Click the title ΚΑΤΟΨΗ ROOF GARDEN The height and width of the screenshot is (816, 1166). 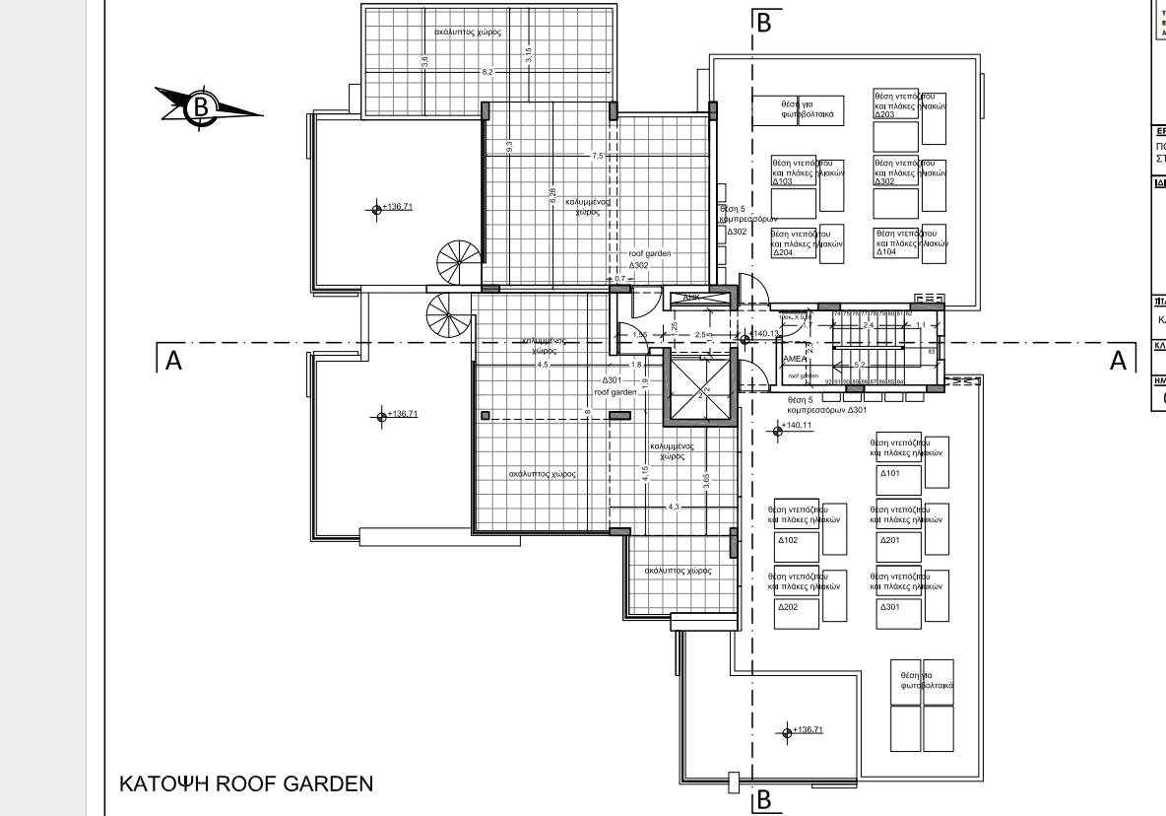(x=246, y=783)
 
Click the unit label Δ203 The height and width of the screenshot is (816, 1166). (x=884, y=114)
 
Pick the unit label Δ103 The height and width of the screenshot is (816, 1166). (x=783, y=181)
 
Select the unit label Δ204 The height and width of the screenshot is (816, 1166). (x=783, y=252)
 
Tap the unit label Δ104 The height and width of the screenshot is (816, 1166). (x=885, y=252)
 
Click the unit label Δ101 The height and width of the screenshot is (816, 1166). (x=889, y=473)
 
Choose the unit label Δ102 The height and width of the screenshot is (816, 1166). (x=788, y=540)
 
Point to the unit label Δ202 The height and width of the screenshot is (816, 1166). (x=788, y=607)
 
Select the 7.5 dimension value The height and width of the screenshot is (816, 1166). (x=598, y=156)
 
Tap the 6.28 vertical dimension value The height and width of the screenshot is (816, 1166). (x=552, y=197)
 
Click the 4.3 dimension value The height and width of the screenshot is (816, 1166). (x=674, y=507)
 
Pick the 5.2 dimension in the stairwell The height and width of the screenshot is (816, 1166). (x=860, y=366)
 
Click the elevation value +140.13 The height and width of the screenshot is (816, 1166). (x=765, y=333)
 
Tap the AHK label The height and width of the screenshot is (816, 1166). (x=691, y=297)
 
